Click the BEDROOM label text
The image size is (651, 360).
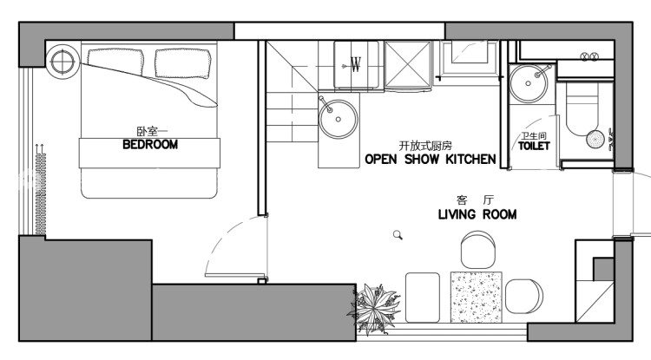point(150,144)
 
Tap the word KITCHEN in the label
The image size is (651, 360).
point(470,159)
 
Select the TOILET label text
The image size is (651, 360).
point(534,146)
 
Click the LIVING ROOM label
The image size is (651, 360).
point(477,214)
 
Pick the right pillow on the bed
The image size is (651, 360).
point(182,63)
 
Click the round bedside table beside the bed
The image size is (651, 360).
point(62,62)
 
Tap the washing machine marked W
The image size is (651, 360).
point(356,65)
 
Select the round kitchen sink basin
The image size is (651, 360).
point(338,119)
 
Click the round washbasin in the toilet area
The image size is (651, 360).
point(529,83)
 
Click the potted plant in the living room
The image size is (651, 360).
point(375,308)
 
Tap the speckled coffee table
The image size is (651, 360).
point(477,297)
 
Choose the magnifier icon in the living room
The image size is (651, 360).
point(398,235)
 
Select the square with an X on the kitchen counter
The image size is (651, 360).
point(408,65)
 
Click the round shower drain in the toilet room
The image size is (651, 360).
point(595,140)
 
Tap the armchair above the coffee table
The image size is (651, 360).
point(478,250)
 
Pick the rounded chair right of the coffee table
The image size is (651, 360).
point(524,296)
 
